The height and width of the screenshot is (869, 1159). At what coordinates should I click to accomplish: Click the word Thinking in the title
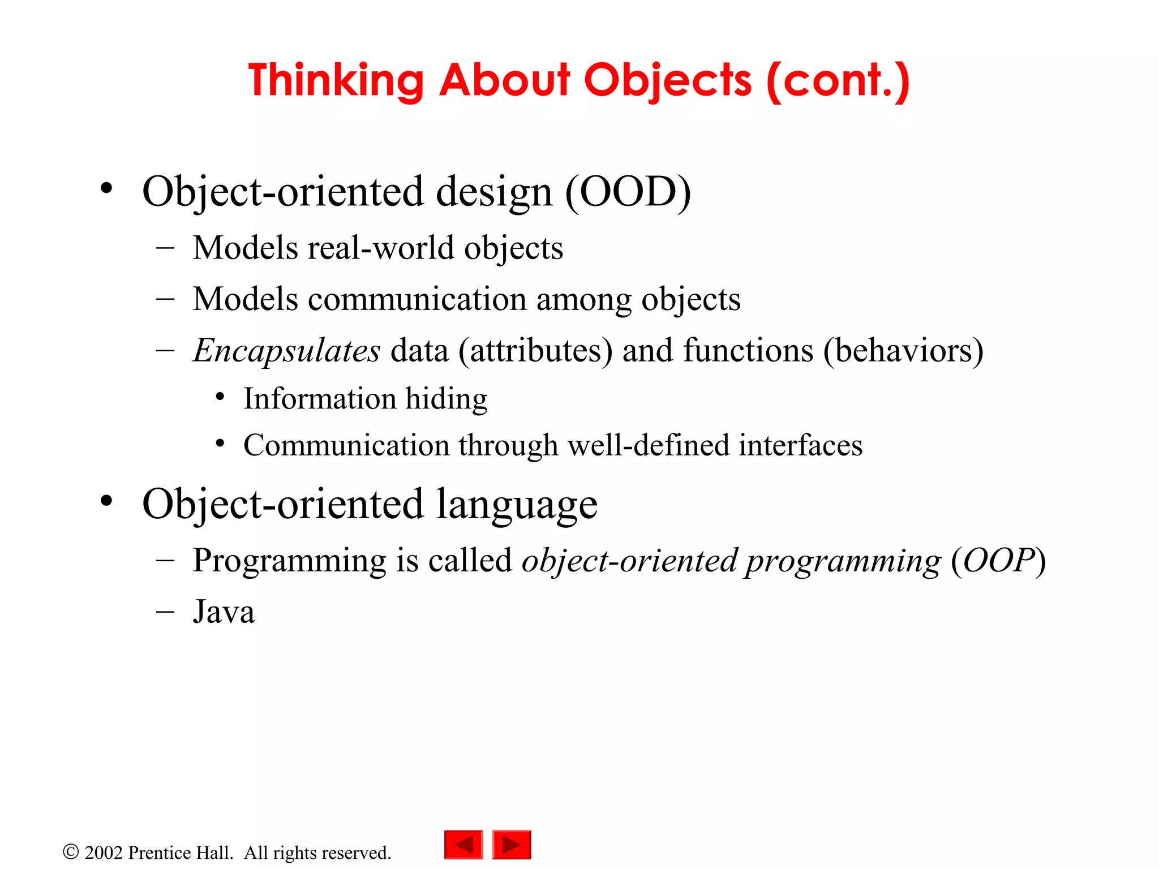tap(336, 81)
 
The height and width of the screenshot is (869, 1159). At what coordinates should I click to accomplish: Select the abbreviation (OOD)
tap(628, 192)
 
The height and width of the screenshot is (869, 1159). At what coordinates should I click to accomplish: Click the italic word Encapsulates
tap(286, 351)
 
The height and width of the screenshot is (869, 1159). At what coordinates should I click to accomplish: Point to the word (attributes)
tap(535, 351)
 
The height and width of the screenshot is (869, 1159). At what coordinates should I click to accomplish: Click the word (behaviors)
tap(903, 351)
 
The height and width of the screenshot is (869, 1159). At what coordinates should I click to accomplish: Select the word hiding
tap(446, 399)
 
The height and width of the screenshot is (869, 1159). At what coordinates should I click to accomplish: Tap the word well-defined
tap(648, 445)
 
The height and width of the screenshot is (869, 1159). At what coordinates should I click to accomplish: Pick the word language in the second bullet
tap(517, 505)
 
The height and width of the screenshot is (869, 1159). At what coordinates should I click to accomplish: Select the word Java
tap(224, 612)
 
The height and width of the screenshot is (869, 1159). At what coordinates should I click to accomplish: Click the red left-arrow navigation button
tap(463, 845)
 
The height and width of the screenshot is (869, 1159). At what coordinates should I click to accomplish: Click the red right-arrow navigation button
tap(512, 845)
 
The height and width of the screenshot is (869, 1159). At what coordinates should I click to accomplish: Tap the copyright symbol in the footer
tap(71, 852)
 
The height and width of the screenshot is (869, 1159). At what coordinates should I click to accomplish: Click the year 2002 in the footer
tap(104, 853)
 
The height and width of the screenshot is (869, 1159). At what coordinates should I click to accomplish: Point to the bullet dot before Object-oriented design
tap(106, 188)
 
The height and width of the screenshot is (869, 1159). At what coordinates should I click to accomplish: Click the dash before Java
tap(165, 612)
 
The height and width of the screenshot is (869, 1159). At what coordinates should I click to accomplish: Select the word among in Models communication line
tap(583, 299)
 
